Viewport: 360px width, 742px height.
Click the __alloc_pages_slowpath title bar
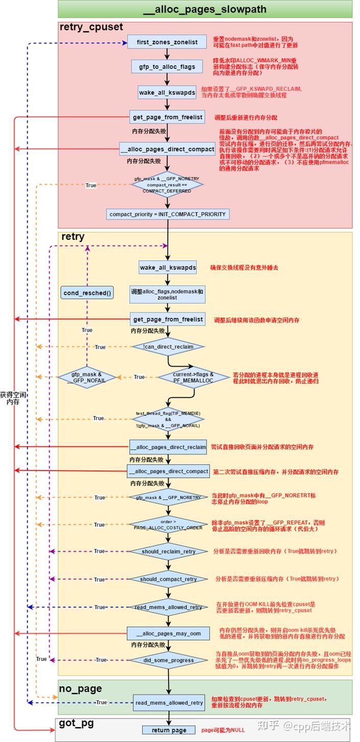pos(205,9)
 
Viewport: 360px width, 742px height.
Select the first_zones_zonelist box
pos(166,42)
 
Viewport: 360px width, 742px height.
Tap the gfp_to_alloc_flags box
pos(167,67)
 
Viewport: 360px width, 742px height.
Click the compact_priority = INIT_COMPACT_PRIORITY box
pos(167,214)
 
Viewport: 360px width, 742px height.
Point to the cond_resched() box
pos(87,293)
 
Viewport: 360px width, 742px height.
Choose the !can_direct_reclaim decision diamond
pos(168,347)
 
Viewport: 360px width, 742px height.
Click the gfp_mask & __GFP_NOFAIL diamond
pos(87,377)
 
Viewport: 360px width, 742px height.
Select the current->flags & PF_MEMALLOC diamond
pos(194,377)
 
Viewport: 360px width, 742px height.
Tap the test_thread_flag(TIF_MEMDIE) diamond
pos(167,418)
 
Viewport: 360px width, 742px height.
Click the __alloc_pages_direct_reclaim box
pos(168,447)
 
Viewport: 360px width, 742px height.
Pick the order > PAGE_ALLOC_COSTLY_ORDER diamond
pos(168,525)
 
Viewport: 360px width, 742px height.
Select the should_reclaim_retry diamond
pos(168,552)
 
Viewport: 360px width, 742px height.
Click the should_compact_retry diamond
pos(168,579)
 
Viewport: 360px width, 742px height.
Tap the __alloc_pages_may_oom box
pos(168,633)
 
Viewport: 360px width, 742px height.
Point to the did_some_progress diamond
pos(168,660)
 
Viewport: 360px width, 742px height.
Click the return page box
pos(169,730)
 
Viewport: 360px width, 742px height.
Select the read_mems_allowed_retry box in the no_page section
pos(168,703)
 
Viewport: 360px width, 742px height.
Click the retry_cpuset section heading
pos(91,27)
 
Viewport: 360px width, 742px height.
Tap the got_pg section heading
pos(76,724)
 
